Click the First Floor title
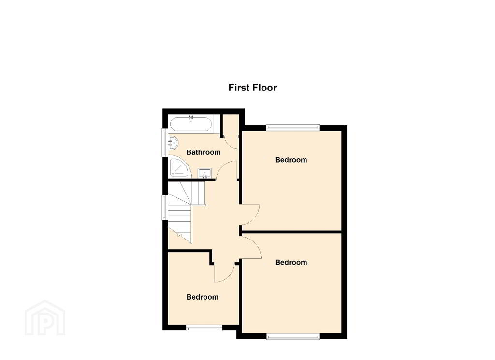(252, 88)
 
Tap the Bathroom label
(204, 152)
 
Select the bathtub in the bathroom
(190, 124)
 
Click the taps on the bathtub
(190, 119)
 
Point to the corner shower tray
(179, 167)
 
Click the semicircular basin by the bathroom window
(173, 143)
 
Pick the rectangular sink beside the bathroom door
(204, 173)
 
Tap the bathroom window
(165, 142)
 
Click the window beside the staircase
(165, 208)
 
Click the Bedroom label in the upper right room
(291, 160)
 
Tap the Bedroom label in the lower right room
(291, 263)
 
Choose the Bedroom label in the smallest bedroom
(203, 297)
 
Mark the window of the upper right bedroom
(293, 128)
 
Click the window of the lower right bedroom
(293, 336)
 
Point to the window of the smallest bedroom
(204, 328)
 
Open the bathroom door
(227, 170)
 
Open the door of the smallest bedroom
(224, 272)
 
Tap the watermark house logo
(45, 318)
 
